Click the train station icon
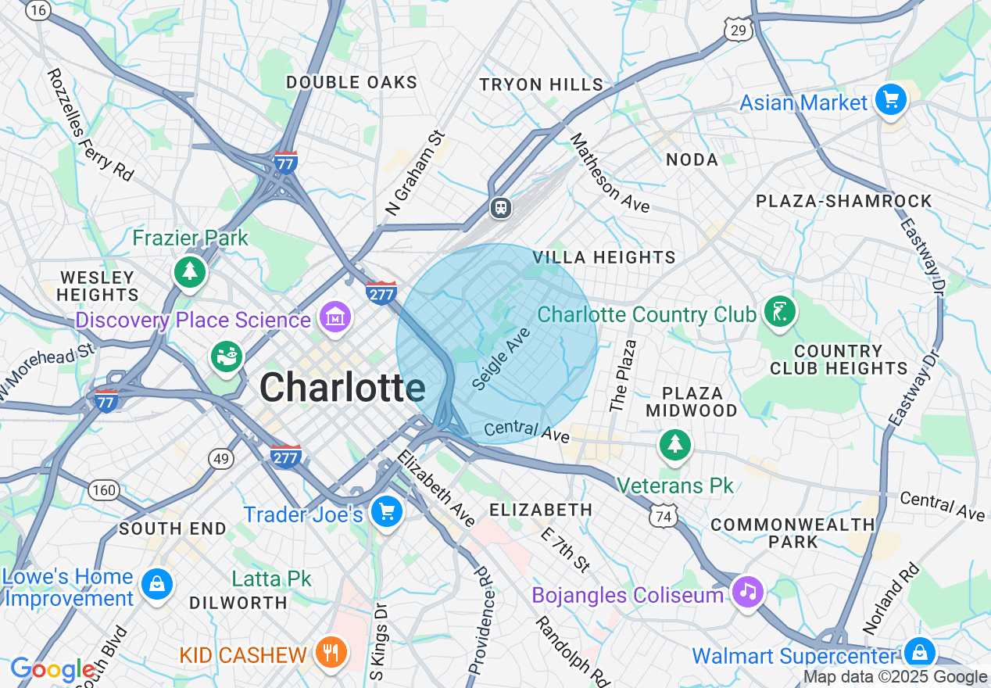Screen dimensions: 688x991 click(501, 208)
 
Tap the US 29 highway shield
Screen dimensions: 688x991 click(739, 30)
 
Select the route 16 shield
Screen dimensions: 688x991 click(38, 10)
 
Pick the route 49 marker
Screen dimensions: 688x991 click(221, 458)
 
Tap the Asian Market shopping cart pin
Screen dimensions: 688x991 click(890, 100)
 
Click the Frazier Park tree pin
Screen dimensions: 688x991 click(190, 271)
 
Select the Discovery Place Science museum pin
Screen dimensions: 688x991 click(335, 317)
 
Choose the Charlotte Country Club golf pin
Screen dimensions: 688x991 click(779, 312)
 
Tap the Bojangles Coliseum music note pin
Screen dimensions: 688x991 click(748, 592)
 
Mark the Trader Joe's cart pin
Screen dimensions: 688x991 click(386, 512)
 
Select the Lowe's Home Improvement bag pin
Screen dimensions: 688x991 click(157, 583)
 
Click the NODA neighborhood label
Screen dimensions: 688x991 click(692, 159)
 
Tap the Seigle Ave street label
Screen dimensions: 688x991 click(502, 359)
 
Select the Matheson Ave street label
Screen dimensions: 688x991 click(610, 174)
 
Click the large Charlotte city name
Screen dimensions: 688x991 click(342, 388)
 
